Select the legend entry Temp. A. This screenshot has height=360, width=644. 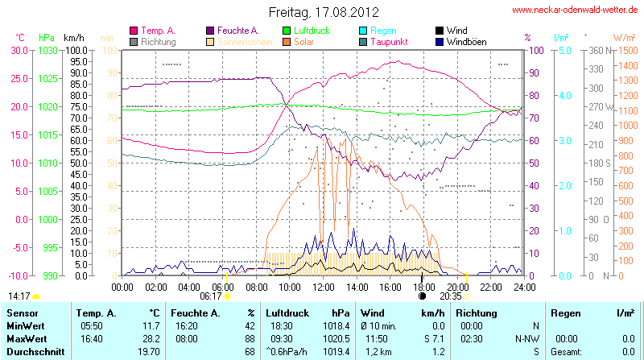tap(157, 31)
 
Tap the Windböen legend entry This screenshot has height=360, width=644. tap(466, 41)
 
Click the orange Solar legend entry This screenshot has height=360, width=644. tap(303, 41)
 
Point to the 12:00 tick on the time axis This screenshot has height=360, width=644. tap(323, 287)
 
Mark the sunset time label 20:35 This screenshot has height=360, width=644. tap(450, 296)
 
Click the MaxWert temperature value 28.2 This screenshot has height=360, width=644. tap(148, 338)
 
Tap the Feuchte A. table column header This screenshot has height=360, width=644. tap(194, 312)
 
